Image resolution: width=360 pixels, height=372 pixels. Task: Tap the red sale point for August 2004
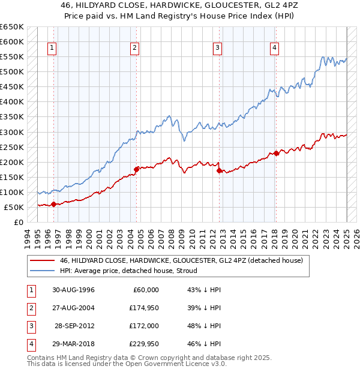(136, 169)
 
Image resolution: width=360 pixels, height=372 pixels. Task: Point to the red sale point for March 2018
(276, 153)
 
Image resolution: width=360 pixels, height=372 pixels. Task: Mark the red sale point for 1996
(53, 204)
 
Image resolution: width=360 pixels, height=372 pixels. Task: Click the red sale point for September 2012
(219, 170)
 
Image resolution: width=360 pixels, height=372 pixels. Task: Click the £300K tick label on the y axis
(12, 132)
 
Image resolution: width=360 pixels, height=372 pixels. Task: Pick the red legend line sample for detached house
(42, 260)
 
